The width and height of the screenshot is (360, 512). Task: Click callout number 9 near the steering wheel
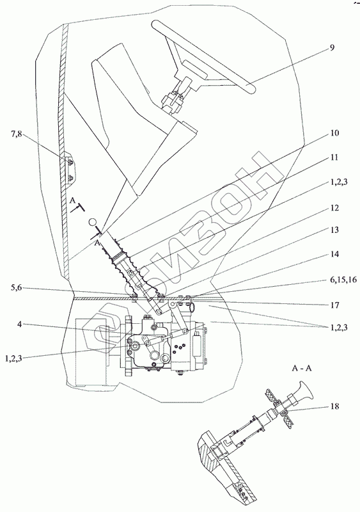332,47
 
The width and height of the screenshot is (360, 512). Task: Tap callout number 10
334,133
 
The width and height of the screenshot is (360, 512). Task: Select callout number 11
334,157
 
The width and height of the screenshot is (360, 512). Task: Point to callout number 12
334,207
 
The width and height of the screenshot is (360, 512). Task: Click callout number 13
334,230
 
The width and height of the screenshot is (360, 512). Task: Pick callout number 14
334,254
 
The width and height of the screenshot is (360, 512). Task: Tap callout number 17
334,305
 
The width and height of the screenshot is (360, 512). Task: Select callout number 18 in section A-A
334,406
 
